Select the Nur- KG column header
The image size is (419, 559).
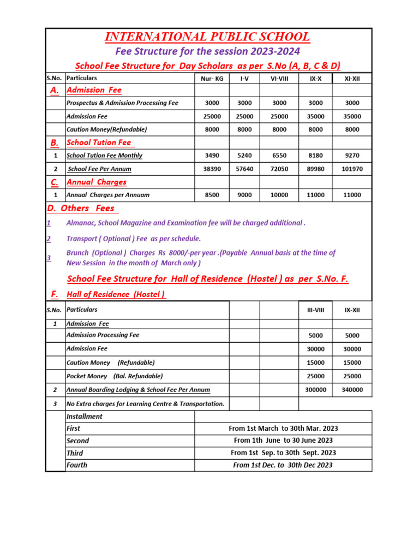212,79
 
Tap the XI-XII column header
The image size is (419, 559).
352,79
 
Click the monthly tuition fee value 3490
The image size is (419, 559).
212,156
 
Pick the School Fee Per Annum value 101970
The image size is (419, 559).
352,169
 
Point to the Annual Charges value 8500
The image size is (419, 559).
212,195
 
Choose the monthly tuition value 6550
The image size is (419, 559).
279,156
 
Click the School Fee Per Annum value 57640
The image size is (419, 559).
244,169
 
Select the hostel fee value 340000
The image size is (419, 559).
352,390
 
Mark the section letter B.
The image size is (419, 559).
55,143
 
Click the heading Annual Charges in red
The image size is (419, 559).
96,182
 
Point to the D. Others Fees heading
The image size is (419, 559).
82,209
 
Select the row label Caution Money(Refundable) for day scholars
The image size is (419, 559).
106,129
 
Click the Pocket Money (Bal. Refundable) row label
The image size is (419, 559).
114,376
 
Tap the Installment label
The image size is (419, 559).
84,417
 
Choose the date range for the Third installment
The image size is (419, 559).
283,453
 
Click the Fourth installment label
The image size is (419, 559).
76,465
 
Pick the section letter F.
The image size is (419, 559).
55,295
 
